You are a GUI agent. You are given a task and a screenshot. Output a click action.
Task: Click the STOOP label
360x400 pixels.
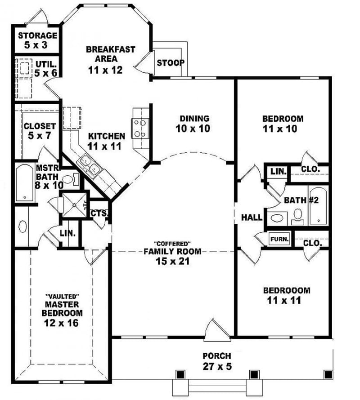pos(170,62)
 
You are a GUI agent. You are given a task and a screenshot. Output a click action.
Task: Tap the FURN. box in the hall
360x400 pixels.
pos(279,239)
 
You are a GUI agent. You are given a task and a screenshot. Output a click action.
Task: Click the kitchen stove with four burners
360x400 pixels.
pos(139,128)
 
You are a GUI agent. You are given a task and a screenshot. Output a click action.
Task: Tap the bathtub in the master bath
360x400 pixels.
pos(24,183)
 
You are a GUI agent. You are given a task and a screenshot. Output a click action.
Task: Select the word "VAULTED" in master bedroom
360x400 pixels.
pos(63,296)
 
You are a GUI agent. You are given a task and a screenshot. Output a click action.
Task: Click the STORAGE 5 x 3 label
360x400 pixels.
pos(38,40)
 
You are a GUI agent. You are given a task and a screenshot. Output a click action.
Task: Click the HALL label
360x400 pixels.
pos(252,218)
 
